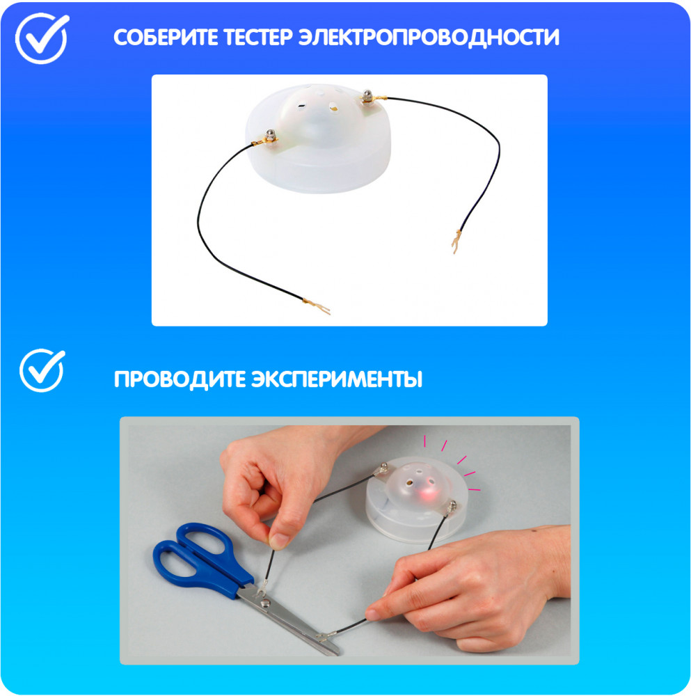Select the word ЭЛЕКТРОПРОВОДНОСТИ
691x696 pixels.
coord(429,38)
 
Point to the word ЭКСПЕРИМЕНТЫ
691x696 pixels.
coord(337,379)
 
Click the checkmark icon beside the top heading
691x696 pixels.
coord(42,38)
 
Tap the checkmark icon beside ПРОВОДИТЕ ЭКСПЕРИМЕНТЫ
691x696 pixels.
coord(42,370)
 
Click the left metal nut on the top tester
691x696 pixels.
coord(270,135)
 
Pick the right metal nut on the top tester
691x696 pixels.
coord(367,95)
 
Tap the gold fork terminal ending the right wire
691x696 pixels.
coord(456,242)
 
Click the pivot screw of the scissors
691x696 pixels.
coord(266,603)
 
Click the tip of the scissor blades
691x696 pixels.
coord(337,652)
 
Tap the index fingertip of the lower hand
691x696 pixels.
coord(372,615)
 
